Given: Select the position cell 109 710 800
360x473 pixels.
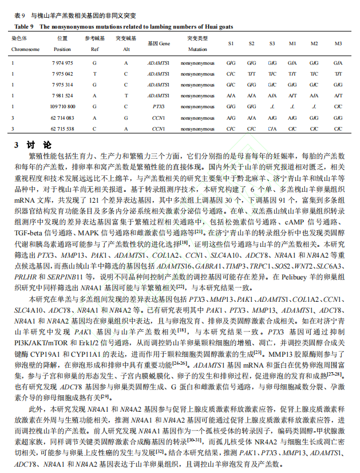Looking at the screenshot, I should pyautogui.click(x=62, y=107).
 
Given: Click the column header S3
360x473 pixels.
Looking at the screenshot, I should pyautogui.click(x=272, y=44).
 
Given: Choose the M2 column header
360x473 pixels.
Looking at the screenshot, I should pyautogui.click(x=314, y=44).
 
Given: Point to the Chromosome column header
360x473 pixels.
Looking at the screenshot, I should pyautogui.click(x=26, y=49).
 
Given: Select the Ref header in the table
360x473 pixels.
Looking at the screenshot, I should pyautogui.click(x=94, y=49).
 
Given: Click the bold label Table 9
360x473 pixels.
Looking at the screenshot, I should pyautogui.click(x=25, y=26).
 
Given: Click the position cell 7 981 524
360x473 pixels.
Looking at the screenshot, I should pyautogui.click(x=62, y=96).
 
